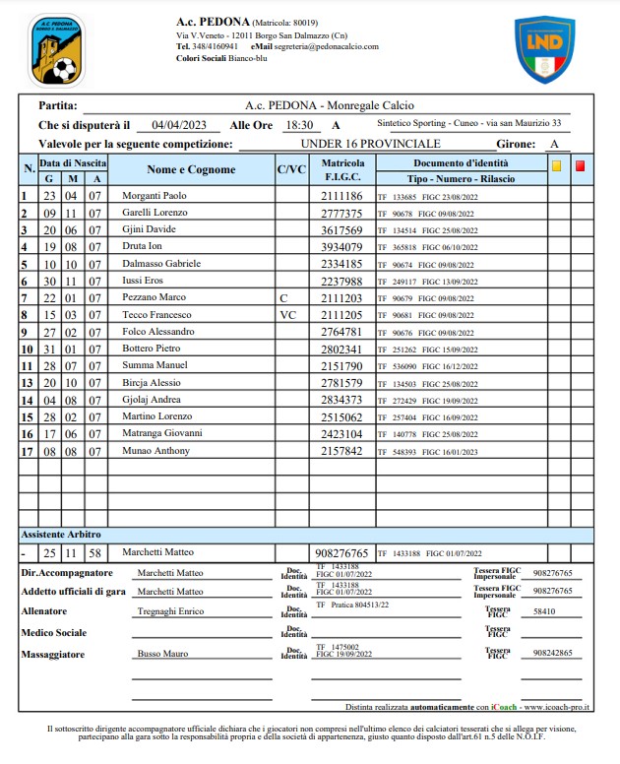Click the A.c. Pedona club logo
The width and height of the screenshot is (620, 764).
pos(56,50)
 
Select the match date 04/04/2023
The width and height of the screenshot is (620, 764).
pos(178,125)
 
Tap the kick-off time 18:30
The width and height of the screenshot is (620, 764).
pos(298,125)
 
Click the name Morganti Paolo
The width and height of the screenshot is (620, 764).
pos(154,196)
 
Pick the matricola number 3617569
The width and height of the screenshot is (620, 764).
pos(341,229)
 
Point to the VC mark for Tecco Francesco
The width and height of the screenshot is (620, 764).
pos(286,315)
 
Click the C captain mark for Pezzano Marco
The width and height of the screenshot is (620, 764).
pos(282,297)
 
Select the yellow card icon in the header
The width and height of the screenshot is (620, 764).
pos(556,166)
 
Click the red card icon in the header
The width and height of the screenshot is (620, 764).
pos(580,166)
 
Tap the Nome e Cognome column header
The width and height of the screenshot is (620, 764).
pos(191,169)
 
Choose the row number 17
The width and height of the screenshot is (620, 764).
pos(27,451)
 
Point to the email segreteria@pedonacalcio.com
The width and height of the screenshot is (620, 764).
pos(326,46)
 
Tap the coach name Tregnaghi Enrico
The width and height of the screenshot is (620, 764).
pos(171,611)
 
